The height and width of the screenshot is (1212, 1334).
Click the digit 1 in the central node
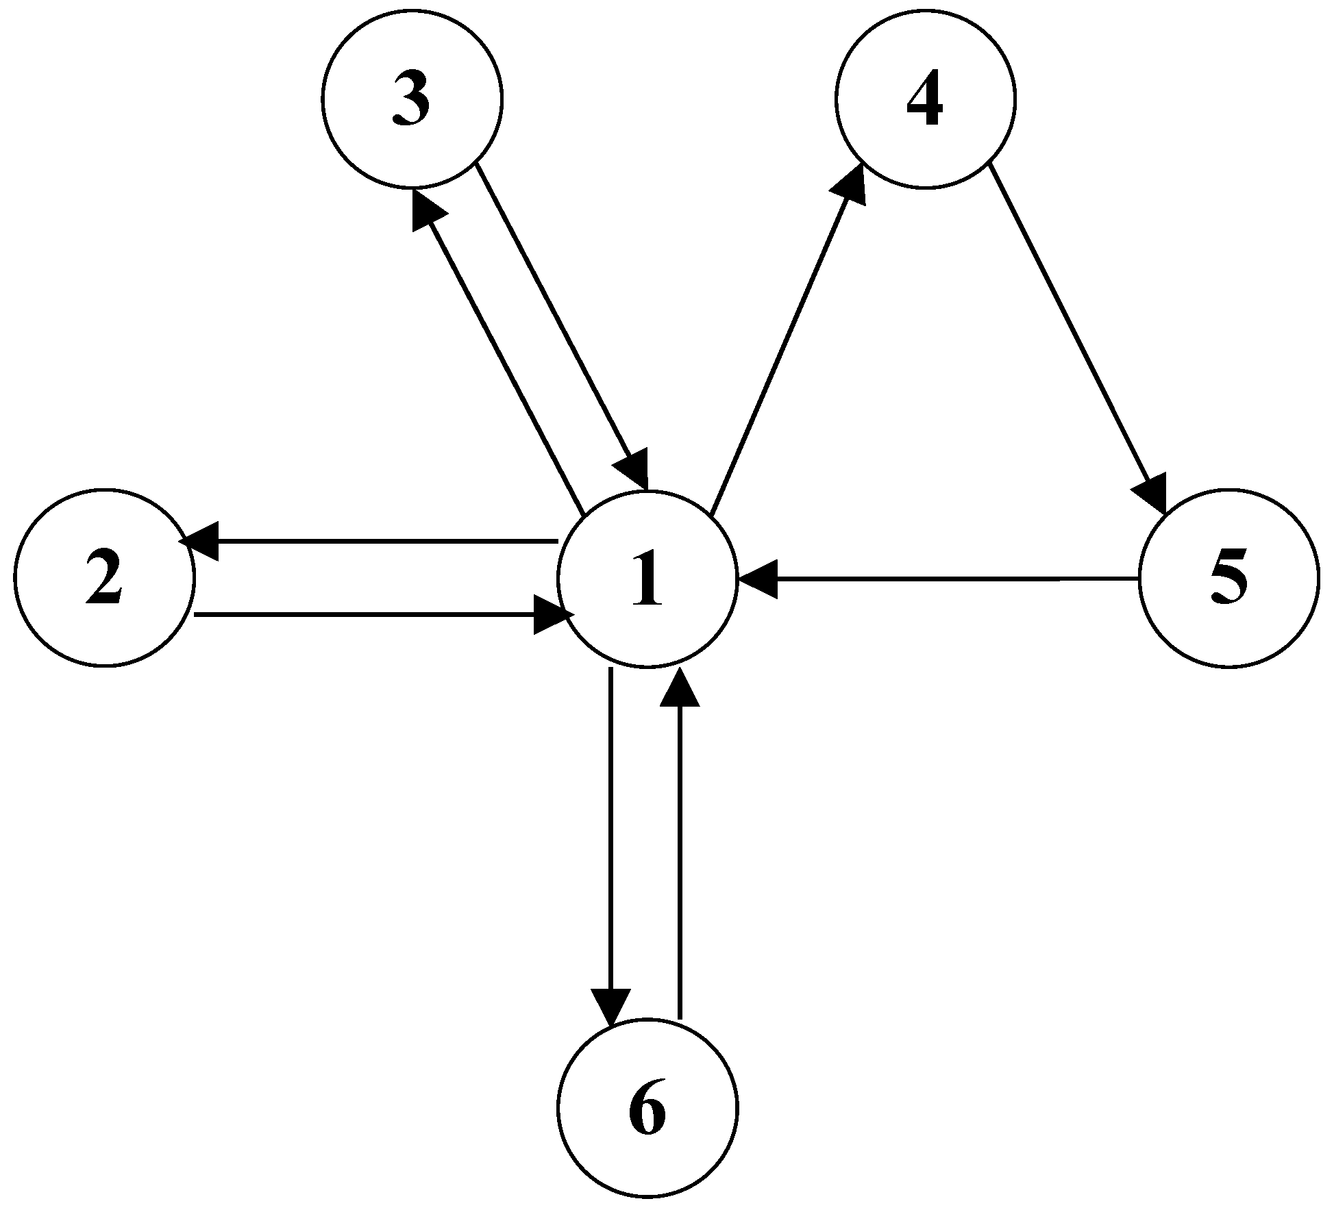pos(647,579)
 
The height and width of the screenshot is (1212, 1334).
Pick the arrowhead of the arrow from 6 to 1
pos(680,688)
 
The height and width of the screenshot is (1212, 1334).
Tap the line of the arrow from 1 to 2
pos(384,542)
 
